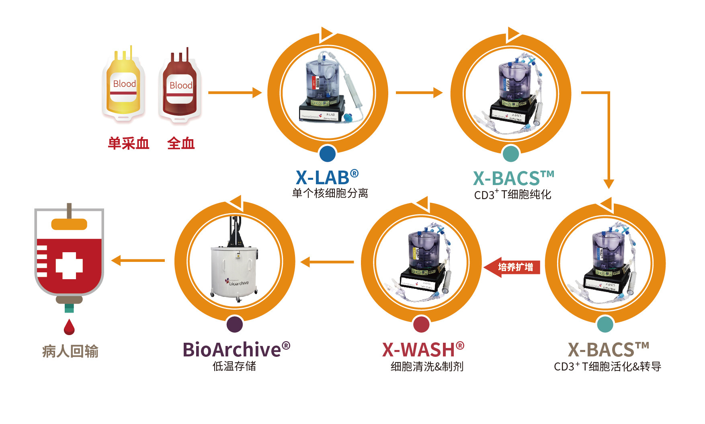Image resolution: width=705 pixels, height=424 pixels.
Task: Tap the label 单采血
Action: click(129, 143)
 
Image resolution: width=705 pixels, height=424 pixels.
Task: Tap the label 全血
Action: click(181, 143)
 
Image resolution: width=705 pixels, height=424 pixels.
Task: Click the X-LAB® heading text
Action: click(327, 177)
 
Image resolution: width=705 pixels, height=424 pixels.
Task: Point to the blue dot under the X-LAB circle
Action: click(328, 153)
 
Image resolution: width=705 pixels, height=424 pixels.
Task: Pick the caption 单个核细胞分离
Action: click(330, 193)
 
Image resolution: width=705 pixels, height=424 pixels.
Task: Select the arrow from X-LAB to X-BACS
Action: click(418, 93)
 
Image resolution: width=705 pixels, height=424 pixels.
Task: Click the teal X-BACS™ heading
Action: click(513, 178)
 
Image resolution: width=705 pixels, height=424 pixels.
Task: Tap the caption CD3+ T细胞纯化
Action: click(512, 195)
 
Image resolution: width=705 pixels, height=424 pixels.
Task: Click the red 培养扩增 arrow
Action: click(512, 267)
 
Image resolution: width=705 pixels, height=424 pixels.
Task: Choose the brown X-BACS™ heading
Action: click(608, 349)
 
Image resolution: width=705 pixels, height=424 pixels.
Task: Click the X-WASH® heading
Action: click(423, 349)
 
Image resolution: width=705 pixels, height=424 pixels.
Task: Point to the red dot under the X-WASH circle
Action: click(421, 324)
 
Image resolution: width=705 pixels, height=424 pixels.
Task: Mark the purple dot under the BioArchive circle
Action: click(235, 324)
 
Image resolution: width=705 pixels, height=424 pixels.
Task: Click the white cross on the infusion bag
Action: click(69, 266)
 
